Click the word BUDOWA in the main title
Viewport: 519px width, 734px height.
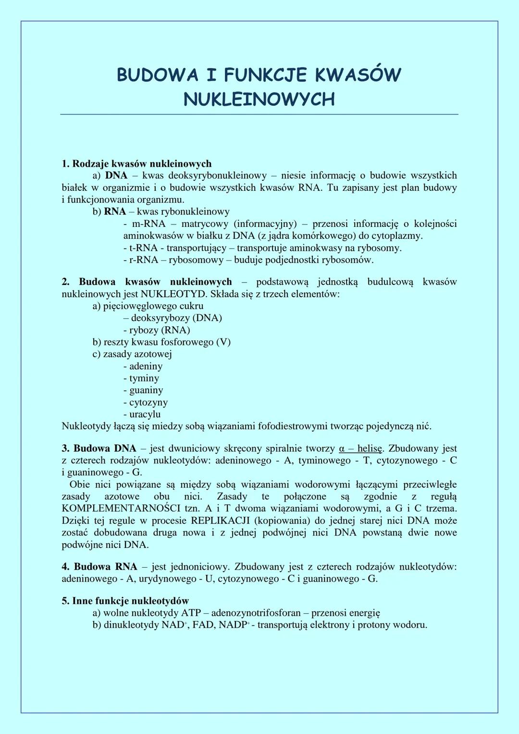coord(157,75)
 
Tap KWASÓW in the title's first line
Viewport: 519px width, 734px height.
coord(358,75)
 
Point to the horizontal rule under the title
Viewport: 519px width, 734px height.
coord(259,114)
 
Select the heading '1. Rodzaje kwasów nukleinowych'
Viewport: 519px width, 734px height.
coord(136,164)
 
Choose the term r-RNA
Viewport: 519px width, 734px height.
coord(143,260)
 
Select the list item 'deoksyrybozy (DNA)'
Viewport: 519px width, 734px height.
coord(176,318)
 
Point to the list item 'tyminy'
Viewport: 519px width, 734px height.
coord(144,378)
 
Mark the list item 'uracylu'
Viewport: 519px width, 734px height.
coord(145,414)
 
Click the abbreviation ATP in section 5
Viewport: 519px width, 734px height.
coord(191,613)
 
